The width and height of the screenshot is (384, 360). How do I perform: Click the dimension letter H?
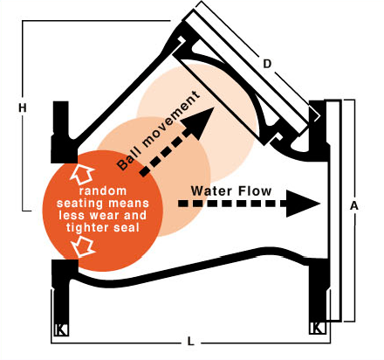(x=23, y=108)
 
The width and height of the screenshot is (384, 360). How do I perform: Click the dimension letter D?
(x=267, y=64)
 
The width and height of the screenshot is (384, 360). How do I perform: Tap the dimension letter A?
(x=354, y=206)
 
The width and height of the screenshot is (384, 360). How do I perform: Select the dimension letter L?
(x=190, y=342)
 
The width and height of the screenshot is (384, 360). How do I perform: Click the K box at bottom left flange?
(x=62, y=329)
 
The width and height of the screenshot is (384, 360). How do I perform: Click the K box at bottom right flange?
(x=317, y=328)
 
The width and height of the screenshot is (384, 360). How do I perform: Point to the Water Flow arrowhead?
(x=303, y=204)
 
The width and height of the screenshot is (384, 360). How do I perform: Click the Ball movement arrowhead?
(x=200, y=121)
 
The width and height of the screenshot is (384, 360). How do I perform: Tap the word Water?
(x=211, y=191)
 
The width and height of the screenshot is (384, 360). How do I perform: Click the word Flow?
(x=254, y=191)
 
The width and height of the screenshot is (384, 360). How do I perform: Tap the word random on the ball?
(x=103, y=191)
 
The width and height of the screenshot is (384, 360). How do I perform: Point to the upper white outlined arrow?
(x=81, y=174)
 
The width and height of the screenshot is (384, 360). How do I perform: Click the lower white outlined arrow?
(x=84, y=246)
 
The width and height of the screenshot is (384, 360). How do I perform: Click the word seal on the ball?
(x=127, y=228)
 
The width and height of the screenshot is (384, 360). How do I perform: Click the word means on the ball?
(x=128, y=204)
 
